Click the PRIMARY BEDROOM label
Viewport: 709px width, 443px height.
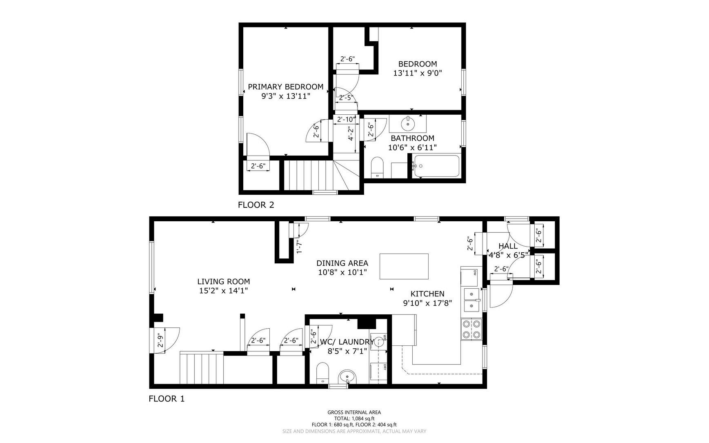[x=286, y=87]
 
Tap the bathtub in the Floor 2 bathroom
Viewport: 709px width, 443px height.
[x=436, y=166]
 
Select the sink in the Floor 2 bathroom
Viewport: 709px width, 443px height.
[x=408, y=122]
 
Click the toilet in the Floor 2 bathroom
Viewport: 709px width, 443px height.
[x=378, y=168]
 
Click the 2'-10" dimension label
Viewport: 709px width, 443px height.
[x=345, y=119]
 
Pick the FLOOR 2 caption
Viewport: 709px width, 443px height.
[x=256, y=205]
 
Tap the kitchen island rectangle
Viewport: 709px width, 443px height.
[x=404, y=266]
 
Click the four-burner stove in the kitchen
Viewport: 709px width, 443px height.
[x=471, y=329]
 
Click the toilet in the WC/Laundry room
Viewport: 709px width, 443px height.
[x=322, y=373]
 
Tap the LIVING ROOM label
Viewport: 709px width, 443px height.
[x=224, y=281]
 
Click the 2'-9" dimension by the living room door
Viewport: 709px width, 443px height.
[x=160, y=341]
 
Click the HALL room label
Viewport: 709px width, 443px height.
[x=508, y=246]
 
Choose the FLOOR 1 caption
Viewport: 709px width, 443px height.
[x=167, y=398]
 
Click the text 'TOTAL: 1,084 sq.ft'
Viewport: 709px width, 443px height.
[x=354, y=419]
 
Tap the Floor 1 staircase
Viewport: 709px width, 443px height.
[x=202, y=369]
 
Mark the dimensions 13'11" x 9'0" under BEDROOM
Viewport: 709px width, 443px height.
[x=418, y=73]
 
